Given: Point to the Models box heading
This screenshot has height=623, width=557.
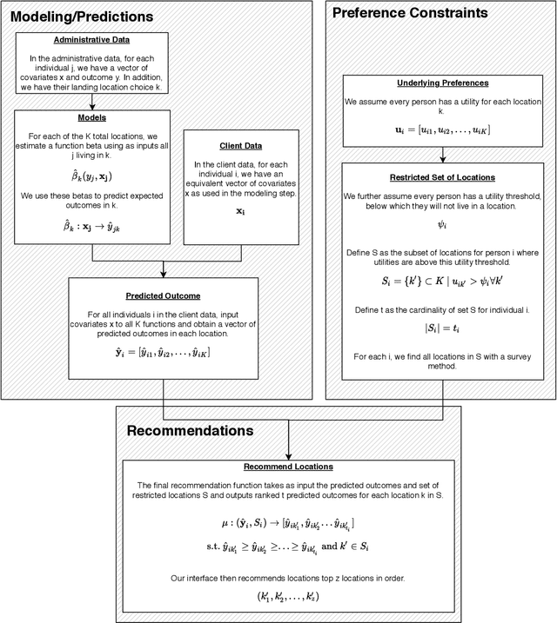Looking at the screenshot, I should tap(92, 118).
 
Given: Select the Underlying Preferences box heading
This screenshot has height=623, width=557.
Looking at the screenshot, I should tap(444, 83).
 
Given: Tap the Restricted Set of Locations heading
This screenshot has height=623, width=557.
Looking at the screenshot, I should tap(444, 178).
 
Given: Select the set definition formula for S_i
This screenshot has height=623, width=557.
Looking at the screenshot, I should tap(444, 282).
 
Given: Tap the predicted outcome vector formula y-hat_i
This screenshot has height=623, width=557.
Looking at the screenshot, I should tap(163, 353).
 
